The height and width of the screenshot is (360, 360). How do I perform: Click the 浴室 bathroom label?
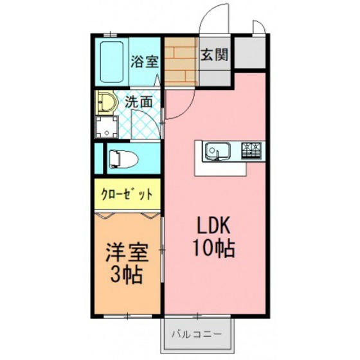click(145, 61)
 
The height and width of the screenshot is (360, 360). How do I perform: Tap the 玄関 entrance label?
click(215, 55)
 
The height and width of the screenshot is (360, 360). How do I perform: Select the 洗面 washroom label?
click(139, 102)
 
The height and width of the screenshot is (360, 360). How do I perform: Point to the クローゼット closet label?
click(127, 194)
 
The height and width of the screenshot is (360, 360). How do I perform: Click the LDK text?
click(214, 226)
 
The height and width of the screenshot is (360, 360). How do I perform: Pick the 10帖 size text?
click(214, 248)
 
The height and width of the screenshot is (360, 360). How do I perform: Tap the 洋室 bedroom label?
click(127, 253)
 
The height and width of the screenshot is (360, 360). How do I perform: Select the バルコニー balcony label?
click(197, 334)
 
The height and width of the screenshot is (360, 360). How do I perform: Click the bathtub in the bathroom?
click(112, 62)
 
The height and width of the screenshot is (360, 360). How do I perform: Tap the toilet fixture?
click(123, 158)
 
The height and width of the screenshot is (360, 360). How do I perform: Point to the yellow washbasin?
click(107, 103)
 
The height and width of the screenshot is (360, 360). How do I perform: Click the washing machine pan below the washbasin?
click(107, 127)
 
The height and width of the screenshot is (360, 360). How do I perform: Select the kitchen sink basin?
click(217, 150)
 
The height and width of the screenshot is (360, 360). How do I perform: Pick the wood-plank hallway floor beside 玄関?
click(181, 62)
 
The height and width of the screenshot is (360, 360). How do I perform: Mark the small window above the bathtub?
click(111, 35)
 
